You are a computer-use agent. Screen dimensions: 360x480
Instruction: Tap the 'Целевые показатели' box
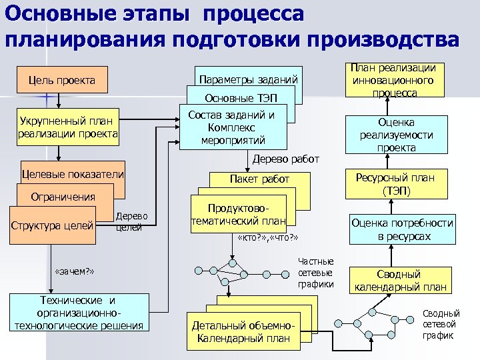(73, 175)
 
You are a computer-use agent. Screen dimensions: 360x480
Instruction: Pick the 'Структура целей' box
(51, 225)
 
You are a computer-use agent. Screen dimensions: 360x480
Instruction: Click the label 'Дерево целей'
(131, 221)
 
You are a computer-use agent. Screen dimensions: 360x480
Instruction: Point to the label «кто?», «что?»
(267, 239)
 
